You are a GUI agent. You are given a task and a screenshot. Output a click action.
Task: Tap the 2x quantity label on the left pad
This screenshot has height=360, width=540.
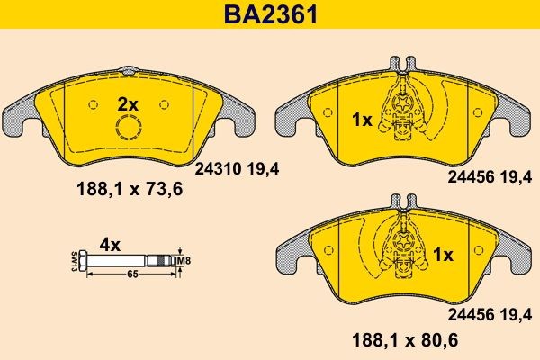(x=129, y=105)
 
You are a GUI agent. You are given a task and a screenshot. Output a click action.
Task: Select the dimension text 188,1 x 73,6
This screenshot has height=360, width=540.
(x=122, y=190)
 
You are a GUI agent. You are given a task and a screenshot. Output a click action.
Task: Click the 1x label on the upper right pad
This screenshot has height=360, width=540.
(x=361, y=118)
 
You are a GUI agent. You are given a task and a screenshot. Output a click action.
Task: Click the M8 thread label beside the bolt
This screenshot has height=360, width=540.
(x=185, y=261)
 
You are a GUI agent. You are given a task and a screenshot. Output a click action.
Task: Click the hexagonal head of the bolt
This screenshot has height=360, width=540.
(x=83, y=261)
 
